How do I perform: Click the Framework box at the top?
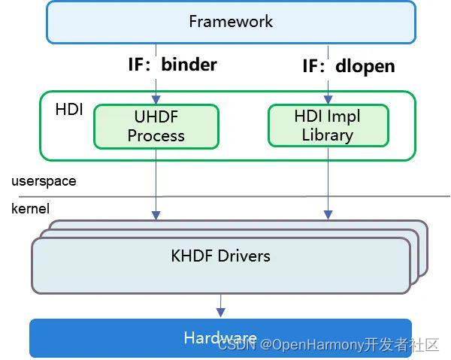point(231,21)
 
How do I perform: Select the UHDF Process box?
point(156,126)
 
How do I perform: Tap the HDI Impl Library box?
point(328,126)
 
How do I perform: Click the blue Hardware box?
point(220,338)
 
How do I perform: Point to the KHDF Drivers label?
point(220,256)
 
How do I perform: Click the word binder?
point(189,65)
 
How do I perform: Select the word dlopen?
point(365,66)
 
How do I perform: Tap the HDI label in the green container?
point(69,110)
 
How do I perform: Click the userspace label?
point(44,181)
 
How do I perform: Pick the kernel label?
point(30,208)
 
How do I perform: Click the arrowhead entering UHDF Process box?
point(156,100)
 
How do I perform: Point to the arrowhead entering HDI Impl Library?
point(328,98)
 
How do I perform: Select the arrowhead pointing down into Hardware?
point(220,312)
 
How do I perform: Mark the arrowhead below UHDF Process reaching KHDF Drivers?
point(156,215)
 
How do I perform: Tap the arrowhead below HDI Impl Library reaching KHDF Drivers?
point(328,215)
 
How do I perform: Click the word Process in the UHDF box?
point(156,136)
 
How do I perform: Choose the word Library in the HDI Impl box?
point(328,135)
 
